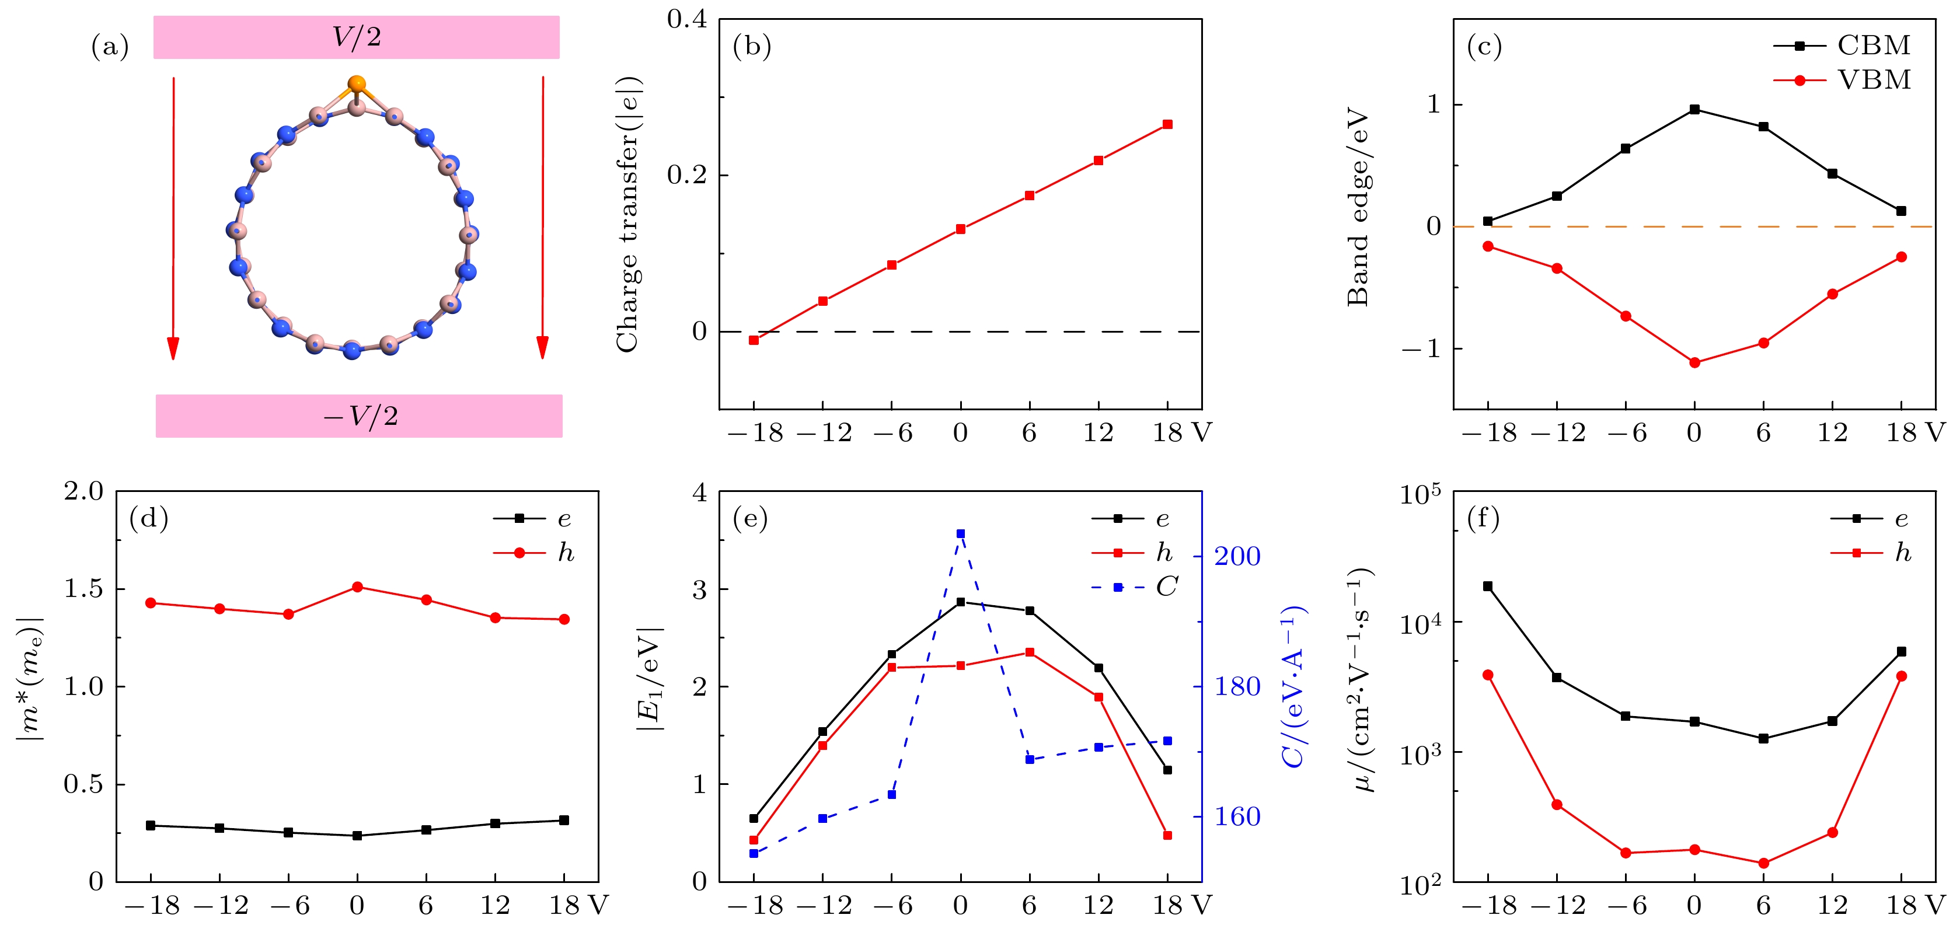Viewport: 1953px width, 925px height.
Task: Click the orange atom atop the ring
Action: [x=356, y=84]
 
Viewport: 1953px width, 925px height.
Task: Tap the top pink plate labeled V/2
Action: [x=356, y=37]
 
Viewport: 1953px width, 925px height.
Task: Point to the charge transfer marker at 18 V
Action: [x=1167, y=124]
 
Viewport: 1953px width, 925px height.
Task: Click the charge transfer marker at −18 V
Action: [x=754, y=340]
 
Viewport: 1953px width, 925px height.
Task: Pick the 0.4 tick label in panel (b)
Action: [x=687, y=20]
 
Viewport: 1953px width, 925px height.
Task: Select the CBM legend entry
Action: [x=1842, y=46]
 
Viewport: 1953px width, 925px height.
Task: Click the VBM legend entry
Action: [x=1842, y=79]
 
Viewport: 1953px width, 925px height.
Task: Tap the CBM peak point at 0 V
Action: [x=1694, y=109]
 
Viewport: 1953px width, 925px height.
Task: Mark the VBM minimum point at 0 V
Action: [x=1694, y=363]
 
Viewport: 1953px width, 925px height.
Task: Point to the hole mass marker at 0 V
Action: [x=357, y=587]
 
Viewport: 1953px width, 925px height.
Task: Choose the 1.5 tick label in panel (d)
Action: [x=83, y=589]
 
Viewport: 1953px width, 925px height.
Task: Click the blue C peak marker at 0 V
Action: [x=961, y=534]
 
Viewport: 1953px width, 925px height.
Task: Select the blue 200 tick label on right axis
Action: [x=1237, y=557]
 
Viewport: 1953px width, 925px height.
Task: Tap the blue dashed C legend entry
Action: [x=1134, y=587]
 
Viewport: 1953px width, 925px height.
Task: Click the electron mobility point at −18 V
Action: [x=1487, y=586]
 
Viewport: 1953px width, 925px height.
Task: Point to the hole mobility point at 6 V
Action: [x=1763, y=863]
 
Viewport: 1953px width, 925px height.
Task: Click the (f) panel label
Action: [x=1484, y=519]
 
